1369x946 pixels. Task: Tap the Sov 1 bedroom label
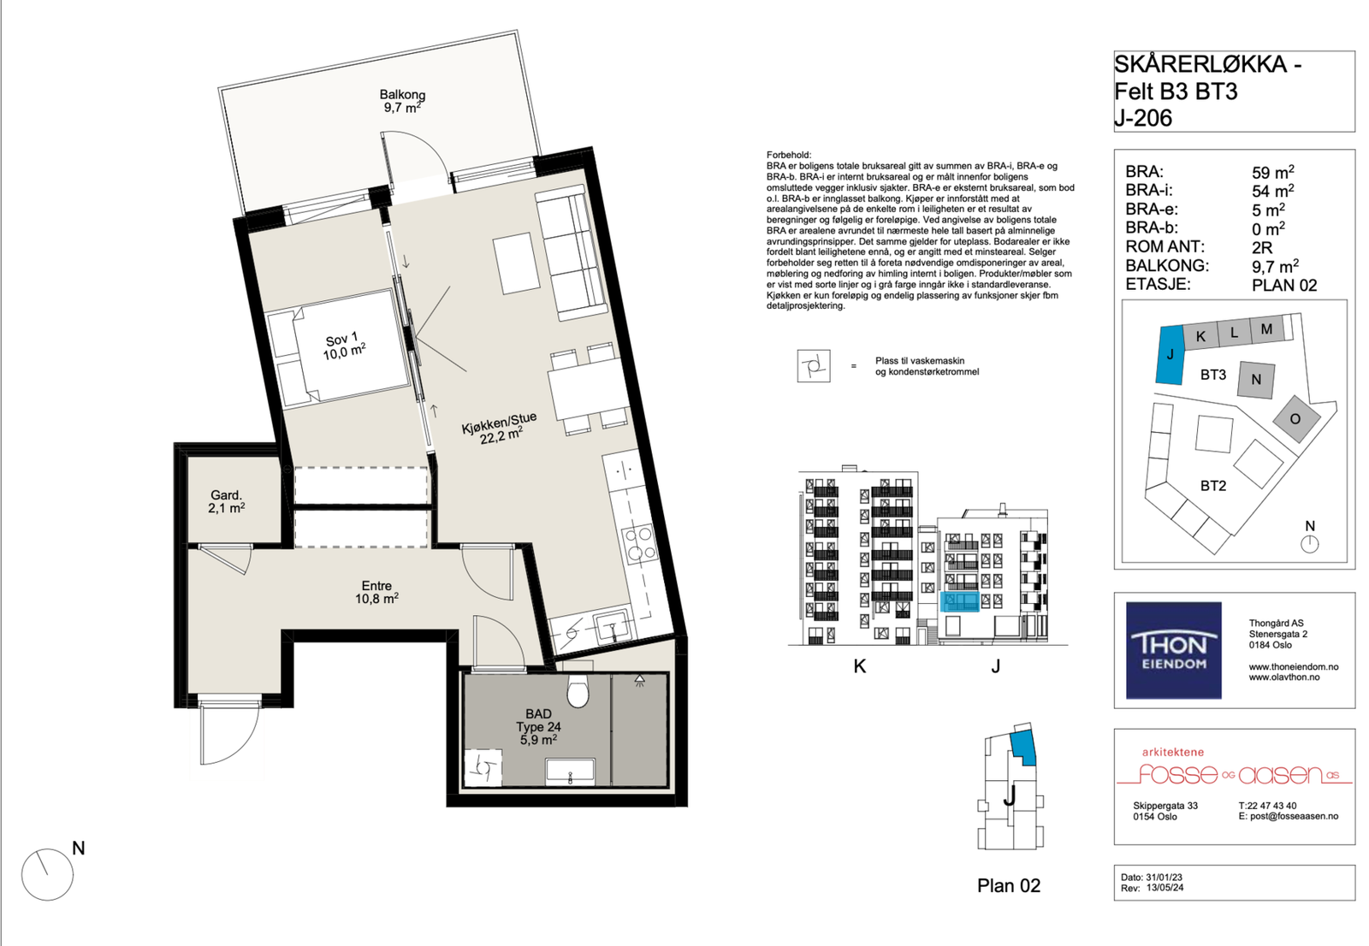[x=343, y=346]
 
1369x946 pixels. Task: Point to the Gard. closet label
[x=227, y=501]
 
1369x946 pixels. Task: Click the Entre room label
[x=376, y=592]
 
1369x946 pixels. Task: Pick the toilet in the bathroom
[x=578, y=690]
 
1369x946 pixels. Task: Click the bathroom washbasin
[x=570, y=772]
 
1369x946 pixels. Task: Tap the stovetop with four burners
[x=639, y=545]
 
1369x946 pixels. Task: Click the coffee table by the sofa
[x=517, y=263]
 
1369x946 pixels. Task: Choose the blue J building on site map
[x=1170, y=354]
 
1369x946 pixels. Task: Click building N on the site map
[x=1256, y=380]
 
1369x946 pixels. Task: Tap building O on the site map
[x=1295, y=419]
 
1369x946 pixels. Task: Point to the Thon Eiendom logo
[x=1173, y=650]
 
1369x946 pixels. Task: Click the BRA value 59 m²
[x=1272, y=172]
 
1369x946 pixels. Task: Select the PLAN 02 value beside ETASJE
[x=1284, y=286]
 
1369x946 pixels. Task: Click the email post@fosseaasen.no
[x=1289, y=816]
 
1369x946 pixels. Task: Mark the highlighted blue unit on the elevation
[x=959, y=601]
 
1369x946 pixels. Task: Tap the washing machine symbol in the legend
[x=814, y=366]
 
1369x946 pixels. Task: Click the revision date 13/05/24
[x=1165, y=888]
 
